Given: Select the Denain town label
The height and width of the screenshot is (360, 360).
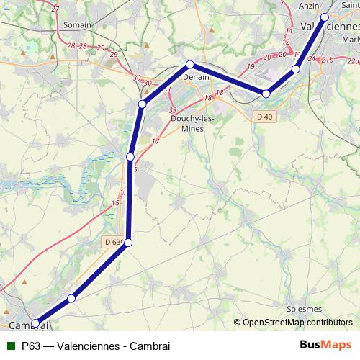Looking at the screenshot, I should tap(195, 76).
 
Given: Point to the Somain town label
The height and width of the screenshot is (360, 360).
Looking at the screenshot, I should tap(77, 24).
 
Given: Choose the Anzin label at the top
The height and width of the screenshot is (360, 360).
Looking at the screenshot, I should tap(308, 5).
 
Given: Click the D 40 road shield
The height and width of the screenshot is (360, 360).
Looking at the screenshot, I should tap(264, 116).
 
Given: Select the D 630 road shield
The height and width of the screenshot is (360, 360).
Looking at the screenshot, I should tap(114, 242).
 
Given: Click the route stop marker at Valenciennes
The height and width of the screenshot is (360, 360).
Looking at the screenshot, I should tap(325, 17).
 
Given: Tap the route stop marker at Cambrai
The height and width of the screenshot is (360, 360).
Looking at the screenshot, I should tap(35, 324).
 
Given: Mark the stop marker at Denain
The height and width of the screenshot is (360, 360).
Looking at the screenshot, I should tap(190, 65).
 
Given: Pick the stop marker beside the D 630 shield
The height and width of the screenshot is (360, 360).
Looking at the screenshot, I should tap(129, 243).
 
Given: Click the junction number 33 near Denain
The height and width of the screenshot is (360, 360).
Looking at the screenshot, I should tap(172, 110).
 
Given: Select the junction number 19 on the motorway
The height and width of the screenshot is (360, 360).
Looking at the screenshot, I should tap(251, 67).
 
